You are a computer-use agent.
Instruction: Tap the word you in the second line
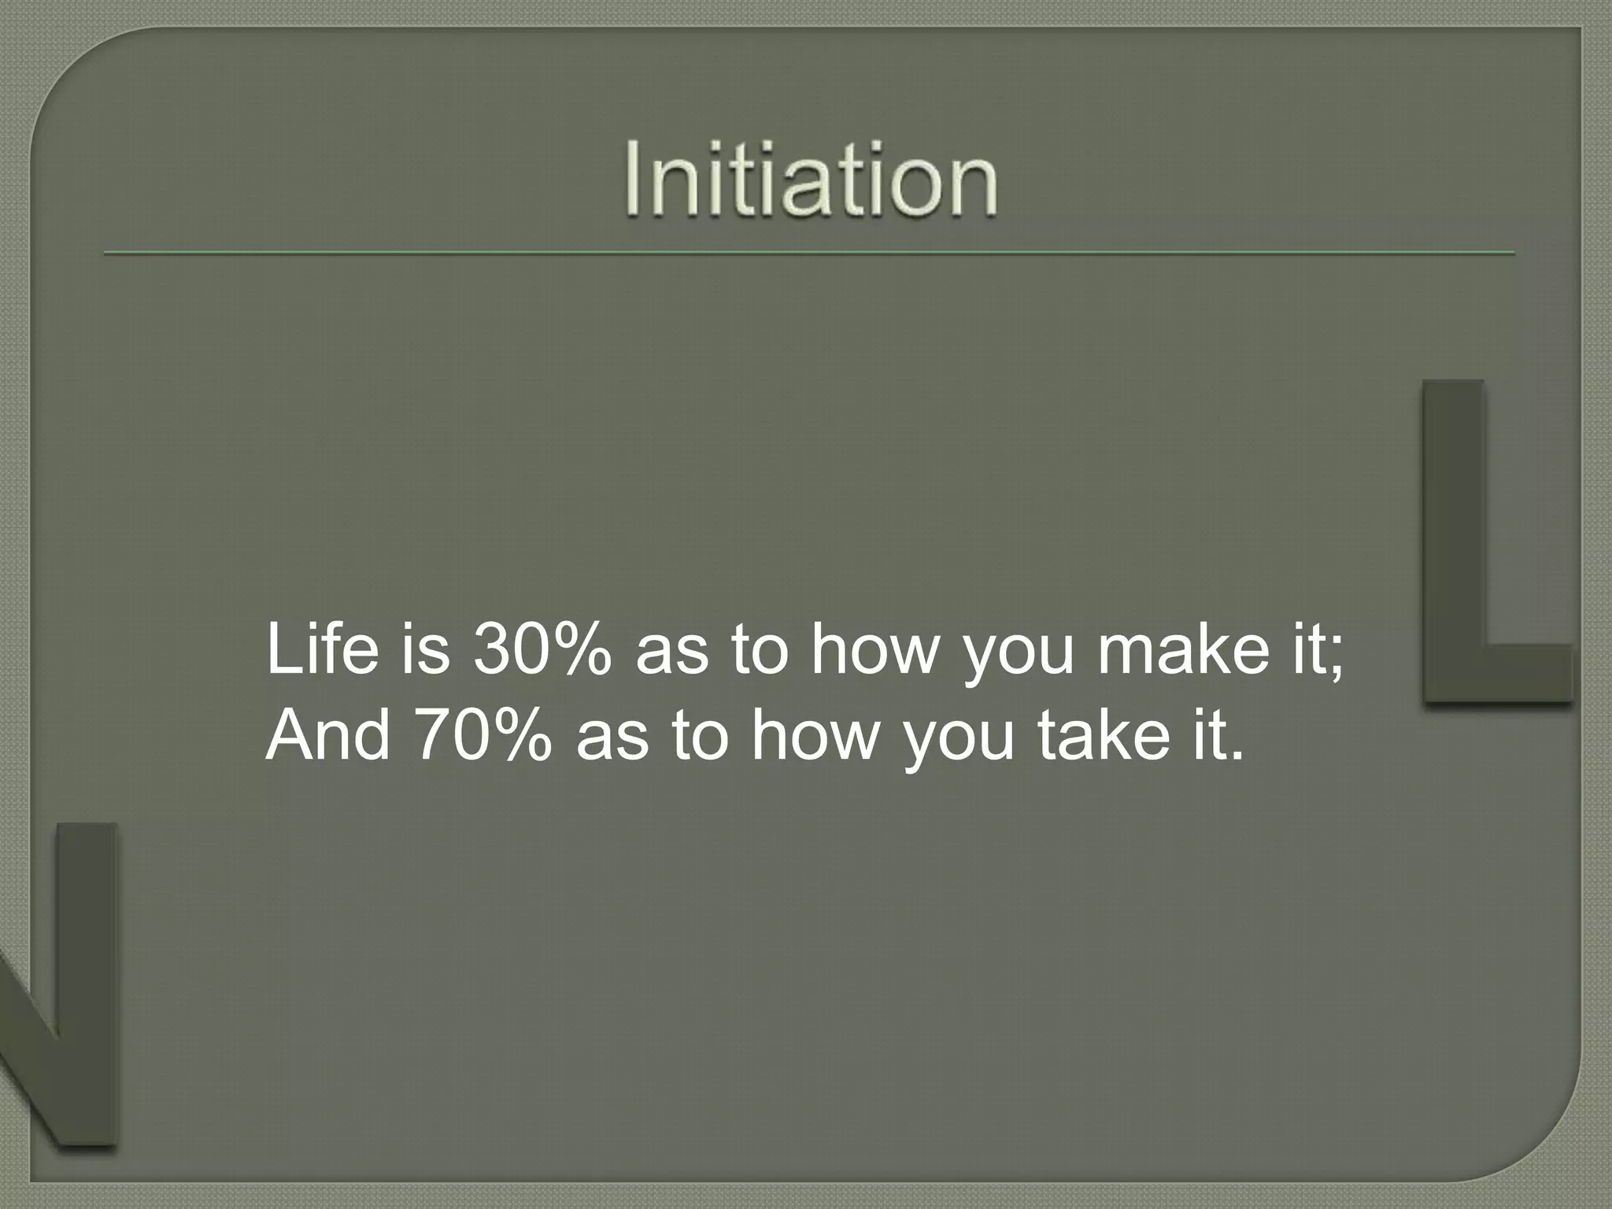pos(958,744)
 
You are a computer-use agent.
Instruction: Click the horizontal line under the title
pos(809,253)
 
